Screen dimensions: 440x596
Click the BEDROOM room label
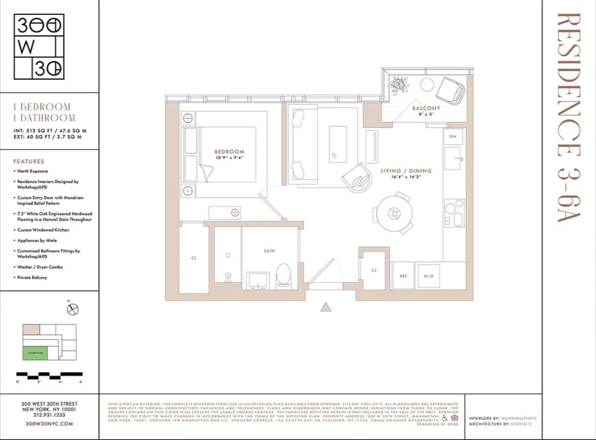[229, 152]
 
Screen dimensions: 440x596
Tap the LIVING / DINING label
[406, 171]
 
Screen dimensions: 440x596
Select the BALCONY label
[426, 108]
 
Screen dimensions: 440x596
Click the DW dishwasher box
[453, 137]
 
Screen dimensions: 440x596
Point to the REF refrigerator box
[403, 276]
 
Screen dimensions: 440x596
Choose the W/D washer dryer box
[429, 276]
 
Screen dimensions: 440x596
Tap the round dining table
[394, 213]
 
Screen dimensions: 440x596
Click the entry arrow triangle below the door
[325, 307]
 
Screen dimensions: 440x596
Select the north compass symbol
[73, 309]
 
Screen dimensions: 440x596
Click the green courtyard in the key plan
[35, 353]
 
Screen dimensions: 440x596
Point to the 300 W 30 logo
[39, 47]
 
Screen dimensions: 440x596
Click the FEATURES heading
[29, 161]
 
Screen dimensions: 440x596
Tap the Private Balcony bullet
[32, 277]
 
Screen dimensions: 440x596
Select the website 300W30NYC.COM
[49, 424]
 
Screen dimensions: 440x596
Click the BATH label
[269, 250]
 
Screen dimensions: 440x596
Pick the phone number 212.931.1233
[49, 415]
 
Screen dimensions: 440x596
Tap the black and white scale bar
[50, 375]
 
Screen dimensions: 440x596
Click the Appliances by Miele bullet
[37, 240]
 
